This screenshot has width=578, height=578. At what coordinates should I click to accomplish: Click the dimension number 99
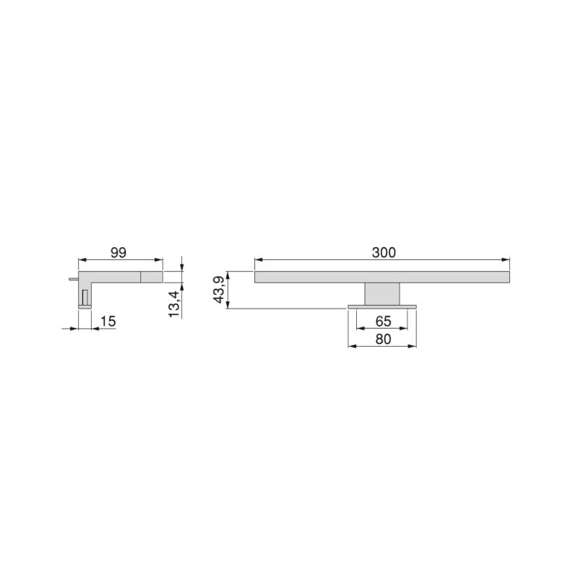(119, 252)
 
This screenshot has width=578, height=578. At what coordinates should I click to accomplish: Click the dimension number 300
(384, 252)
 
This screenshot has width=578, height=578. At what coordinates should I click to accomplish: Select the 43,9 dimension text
(218, 290)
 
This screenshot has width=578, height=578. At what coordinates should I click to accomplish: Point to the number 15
(108, 320)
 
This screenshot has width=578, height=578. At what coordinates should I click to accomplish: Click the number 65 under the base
(384, 320)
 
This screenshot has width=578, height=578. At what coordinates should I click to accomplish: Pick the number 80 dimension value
(384, 337)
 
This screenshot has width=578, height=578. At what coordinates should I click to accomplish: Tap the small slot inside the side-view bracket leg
(85, 296)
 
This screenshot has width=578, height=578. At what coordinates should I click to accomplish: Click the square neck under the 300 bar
(383, 293)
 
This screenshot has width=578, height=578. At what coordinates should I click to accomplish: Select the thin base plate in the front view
(383, 307)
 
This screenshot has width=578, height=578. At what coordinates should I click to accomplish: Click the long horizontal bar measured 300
(383, 277)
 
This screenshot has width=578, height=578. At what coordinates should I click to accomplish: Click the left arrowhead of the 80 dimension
(351, 346)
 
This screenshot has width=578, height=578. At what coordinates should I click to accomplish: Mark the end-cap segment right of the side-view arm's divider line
(152, 276)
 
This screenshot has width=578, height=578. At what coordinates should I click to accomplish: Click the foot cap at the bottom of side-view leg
(85, 307)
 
